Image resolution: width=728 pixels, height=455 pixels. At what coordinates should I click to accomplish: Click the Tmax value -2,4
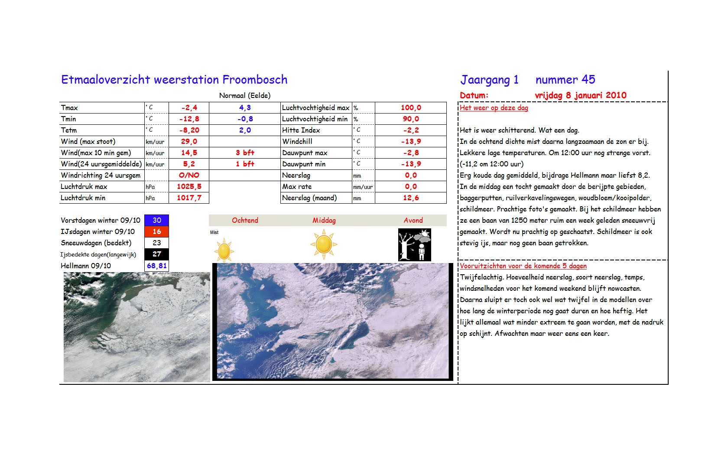point(189,108)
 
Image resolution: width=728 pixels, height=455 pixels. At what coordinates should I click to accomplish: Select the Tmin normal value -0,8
point(245,119)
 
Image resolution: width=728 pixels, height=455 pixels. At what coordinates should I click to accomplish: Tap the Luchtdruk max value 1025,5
point(189,187)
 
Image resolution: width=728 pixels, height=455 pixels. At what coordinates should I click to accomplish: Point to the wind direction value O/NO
point(189,175)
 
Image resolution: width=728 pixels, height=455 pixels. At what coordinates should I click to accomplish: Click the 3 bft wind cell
point(245,153)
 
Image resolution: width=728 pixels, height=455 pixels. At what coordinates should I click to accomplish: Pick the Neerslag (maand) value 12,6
point(410,198)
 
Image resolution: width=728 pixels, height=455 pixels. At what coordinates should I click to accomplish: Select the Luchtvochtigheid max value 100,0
point(410,108)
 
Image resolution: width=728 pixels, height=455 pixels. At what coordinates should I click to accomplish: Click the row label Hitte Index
point(301,130)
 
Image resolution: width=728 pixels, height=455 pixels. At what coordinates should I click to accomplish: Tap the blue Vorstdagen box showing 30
point(156,221)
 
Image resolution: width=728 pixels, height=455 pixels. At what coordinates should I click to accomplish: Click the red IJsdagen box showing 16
point(156,232)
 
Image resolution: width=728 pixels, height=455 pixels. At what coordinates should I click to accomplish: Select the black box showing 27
point(156,254)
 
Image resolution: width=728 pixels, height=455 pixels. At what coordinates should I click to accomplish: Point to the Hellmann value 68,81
point(156,266)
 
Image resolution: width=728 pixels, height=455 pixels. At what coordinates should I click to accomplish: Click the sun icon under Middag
point(324,244)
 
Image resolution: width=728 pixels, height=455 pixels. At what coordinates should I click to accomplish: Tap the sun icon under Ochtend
point(224,250)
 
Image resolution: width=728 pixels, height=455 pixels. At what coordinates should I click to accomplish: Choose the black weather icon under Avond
point(414,245)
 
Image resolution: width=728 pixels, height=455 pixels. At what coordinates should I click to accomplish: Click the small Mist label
point(214,233)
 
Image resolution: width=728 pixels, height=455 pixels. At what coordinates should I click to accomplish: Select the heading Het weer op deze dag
point(494,108)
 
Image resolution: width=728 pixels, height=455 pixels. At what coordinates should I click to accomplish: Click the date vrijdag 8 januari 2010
point(580,95)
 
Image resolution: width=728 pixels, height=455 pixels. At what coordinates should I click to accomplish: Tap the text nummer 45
point(565,80)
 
